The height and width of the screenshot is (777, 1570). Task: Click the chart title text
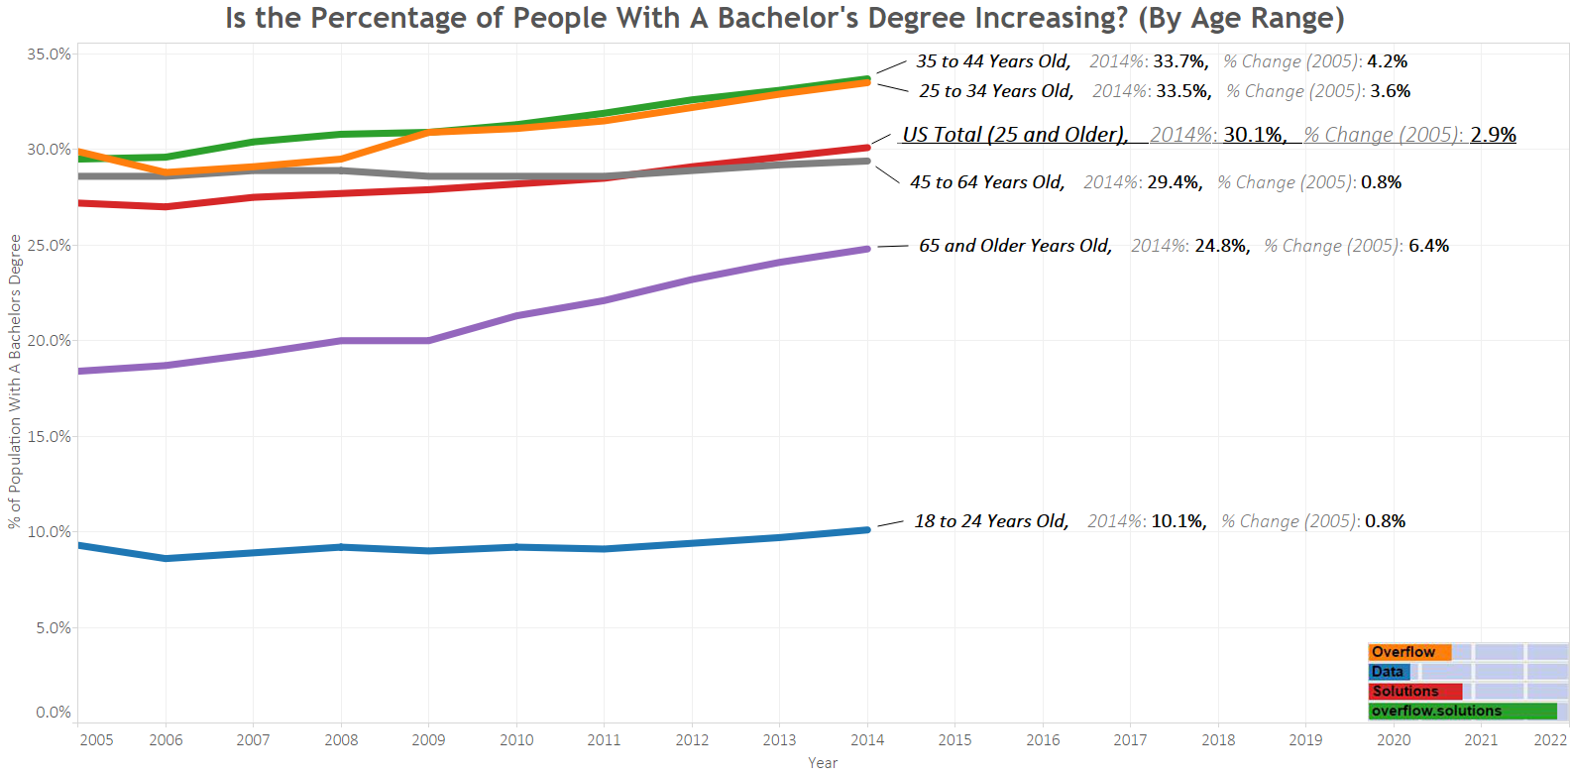coord(784,19)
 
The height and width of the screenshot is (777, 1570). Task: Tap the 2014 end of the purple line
coord(867,249)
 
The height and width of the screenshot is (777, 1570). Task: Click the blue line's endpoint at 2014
coord(867,530)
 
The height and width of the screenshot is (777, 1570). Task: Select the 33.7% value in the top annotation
coord(1179,61)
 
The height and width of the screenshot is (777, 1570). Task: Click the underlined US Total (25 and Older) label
coord(1015,135)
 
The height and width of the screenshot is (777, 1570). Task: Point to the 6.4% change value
coord(1428,246)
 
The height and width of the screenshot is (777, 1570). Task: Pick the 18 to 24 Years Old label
coord(991,521)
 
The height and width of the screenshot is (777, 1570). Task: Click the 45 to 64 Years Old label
coord(987,182)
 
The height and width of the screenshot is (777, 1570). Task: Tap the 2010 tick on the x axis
coord(516,740)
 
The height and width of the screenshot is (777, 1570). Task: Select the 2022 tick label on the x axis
coord(1550,740)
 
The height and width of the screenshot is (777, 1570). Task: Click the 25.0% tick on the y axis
coord(49,246)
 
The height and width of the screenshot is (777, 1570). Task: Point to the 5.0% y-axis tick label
coord(53,628)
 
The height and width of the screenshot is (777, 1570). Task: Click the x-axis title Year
coord(823,763)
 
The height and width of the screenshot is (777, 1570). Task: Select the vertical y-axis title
coord(15,382)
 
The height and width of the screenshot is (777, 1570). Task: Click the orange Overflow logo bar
coord(1408,652)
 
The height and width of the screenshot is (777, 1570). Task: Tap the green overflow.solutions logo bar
coord(1462,711)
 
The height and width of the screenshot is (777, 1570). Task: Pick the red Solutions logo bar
coord(1414,692)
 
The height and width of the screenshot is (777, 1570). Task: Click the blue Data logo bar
coord(1389,672)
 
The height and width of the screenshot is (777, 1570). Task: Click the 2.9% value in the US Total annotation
coord(1493,135)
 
